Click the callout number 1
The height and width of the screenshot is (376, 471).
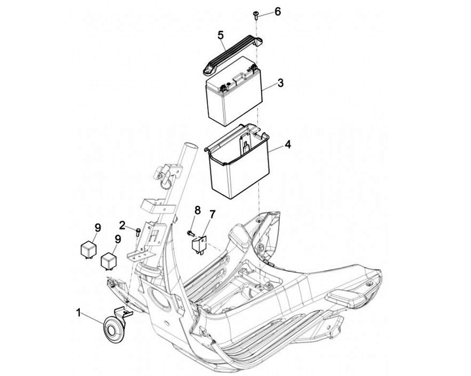tap(78, 313)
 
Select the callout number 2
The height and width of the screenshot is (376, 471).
tap(122, 225)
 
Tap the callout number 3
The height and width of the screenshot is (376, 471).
tap(280, 83)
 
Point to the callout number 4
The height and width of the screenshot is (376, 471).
tap(288, 145)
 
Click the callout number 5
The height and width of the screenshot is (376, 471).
tap(221, 35)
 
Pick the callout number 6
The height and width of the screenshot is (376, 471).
tap(277, 12)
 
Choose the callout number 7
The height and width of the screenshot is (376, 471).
tap(212, 214)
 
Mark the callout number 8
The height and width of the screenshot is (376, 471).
tap(198, 210)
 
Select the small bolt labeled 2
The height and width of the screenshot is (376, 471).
tap(138, 231)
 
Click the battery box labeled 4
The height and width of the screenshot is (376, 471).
tap(237, 161)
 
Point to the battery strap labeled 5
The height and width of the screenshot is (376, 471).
tap(233, 55)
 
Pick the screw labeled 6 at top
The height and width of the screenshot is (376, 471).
tap(256, 15)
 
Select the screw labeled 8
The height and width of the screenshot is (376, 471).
tap(191, 232)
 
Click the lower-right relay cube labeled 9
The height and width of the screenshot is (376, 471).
tap(109, 260)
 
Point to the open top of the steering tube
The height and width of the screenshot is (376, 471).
tap(190, 146)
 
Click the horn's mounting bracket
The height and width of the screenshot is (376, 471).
tap(124, 313)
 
